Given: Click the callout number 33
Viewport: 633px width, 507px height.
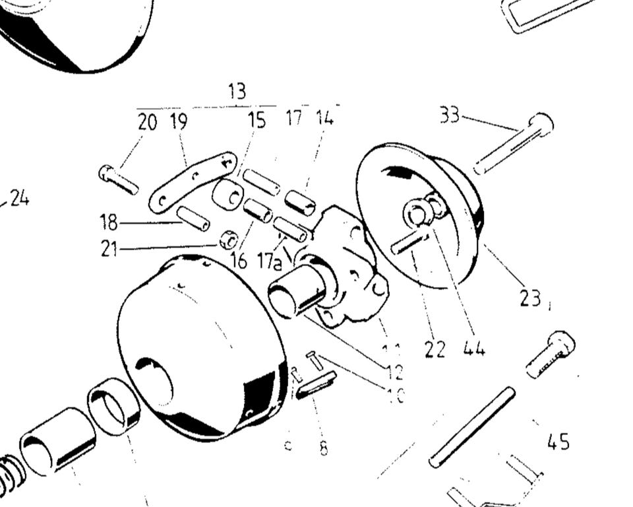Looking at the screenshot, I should pos(450,115).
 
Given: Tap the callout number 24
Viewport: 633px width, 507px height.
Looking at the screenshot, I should pos(19,198).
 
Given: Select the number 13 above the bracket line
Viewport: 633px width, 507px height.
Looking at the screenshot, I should pos(237,92).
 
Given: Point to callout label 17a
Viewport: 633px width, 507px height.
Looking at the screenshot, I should pos(269,262).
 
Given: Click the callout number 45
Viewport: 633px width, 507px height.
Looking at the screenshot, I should pos(558,442).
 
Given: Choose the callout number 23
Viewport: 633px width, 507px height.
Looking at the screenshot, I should pos(529,298).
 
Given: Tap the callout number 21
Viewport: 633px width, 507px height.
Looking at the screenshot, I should pos(109,249).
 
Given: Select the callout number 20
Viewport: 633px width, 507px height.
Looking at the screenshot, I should pos(148,122).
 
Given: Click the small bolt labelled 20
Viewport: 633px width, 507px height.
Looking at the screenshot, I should pos(118,179).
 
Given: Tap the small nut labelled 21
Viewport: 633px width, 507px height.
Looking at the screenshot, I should pos(228,240).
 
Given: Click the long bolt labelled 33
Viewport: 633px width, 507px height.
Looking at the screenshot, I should pos(513,143).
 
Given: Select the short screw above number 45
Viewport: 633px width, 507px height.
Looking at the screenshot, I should pos(551,353).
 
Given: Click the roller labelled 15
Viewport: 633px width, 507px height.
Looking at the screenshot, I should pos(228,194).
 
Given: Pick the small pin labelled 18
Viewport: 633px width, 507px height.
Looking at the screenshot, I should pos(193,218).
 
